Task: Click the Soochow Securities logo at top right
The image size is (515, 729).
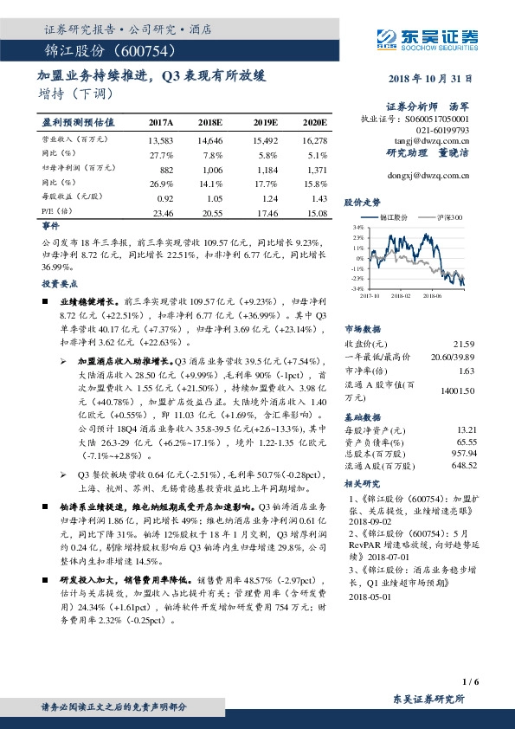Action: point(428,37)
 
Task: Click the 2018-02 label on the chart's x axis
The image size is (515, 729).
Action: point(400,295)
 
